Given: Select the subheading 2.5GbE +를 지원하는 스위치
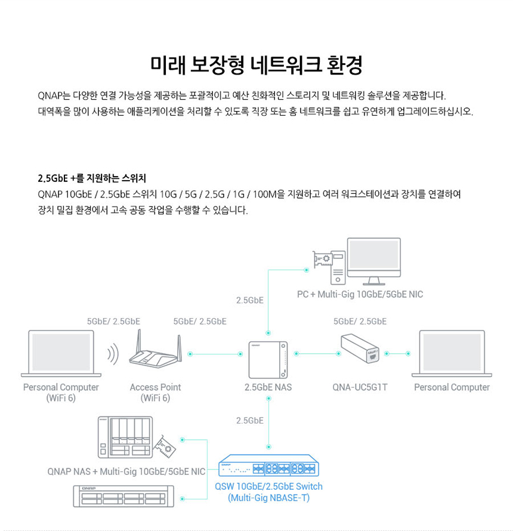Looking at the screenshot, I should click(92, 178).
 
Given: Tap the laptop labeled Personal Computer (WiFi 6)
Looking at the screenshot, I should click(61, 352).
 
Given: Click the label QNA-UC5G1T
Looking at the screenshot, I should click(360, 387).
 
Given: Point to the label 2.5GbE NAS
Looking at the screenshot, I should click(268, 387).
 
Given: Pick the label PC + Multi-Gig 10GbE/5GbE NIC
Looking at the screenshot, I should click(360, 294).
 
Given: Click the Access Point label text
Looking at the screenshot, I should click(155, 387).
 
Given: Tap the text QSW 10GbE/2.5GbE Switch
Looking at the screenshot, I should click(268, 486).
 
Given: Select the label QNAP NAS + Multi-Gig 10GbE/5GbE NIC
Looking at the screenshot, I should click(126, 472).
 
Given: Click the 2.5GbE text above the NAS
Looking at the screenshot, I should click(250, 300).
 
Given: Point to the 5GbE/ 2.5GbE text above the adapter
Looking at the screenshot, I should click(360, 321).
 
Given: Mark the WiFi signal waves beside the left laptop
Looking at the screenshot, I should click(112, 354).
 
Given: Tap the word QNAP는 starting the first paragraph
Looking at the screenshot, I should click(53, 95).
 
